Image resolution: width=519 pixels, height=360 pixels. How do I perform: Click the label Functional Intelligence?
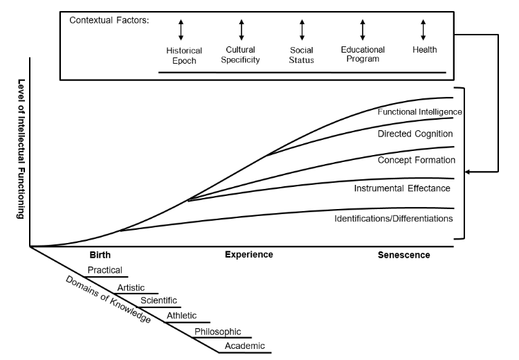(419, 111)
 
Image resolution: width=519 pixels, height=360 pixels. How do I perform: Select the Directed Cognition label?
(415, 133)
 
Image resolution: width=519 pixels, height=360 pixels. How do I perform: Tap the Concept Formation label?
(416, 160)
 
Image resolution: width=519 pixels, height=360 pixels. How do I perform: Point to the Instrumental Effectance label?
(402, 188)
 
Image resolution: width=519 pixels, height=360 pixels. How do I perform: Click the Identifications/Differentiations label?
(393, 218)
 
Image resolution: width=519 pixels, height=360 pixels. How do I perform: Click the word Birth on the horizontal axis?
(100, 255)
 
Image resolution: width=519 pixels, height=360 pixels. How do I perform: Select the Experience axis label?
(248, 254)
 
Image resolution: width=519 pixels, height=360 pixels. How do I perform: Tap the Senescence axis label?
(403, 255)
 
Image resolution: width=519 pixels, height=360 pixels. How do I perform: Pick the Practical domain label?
(104, 270)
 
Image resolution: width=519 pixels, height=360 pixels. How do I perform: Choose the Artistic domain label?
(131, 287)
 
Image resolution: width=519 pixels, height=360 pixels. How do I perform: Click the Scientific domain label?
(158, 300)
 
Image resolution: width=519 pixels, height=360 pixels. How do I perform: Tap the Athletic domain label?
(181, 316)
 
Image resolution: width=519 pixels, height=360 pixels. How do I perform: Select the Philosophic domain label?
(217, 332)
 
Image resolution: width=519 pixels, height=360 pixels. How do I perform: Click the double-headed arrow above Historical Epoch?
(181, 29)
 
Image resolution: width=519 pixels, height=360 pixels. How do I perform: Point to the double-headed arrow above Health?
(423, 29)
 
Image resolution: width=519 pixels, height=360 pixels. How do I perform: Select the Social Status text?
(302, 55)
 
